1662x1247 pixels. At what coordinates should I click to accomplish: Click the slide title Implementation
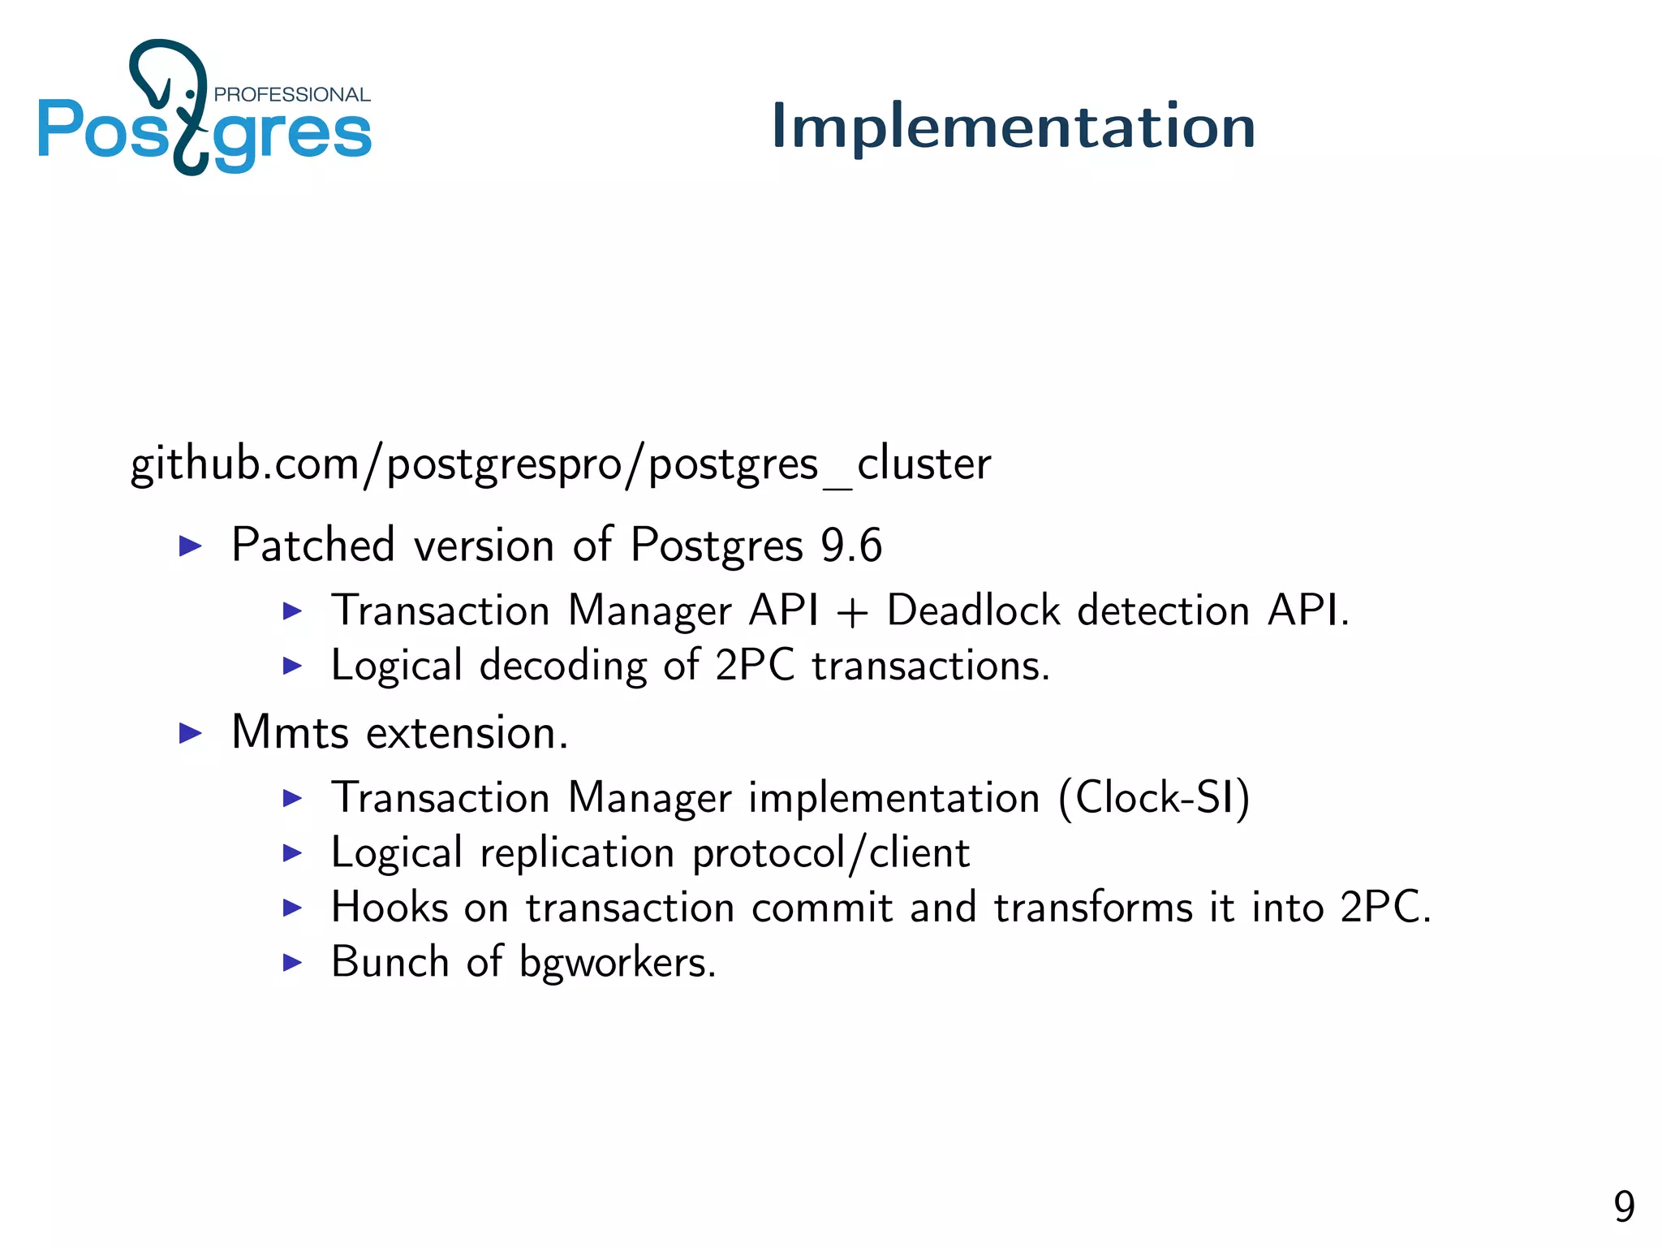pos(1013,126)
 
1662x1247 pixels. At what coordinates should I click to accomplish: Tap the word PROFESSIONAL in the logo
pos(291,95)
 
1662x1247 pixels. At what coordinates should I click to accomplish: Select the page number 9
pos(1623,1206)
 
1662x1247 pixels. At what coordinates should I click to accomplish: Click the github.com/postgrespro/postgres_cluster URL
pos(560,464)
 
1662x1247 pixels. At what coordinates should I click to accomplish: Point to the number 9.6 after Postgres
pos(850,546)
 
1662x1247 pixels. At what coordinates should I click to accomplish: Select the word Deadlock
pos(973,610)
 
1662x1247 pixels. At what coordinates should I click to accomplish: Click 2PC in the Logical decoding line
pos(754,665)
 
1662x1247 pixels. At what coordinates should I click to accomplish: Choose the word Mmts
pos(290,732)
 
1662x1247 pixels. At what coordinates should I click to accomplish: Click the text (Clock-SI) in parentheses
pos(1154,797)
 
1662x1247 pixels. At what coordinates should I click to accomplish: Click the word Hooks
pos(390,907)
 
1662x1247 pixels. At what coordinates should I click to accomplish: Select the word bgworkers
pos(617,963)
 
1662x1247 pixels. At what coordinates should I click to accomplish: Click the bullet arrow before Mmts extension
pos(190,734)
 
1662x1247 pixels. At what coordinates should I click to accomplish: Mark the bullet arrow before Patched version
pos(190,546)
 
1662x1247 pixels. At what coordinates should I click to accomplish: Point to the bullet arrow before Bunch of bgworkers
pos(292,963)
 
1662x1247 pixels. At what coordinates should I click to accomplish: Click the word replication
pos(577,853)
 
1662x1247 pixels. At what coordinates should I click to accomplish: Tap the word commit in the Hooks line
pos(821,907)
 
